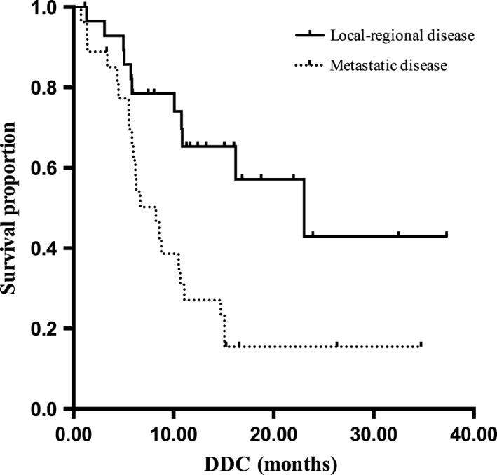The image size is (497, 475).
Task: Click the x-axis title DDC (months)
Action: (274, 463)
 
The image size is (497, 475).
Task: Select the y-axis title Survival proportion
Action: (12, 208)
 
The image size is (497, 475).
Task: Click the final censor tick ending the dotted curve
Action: (421, 344)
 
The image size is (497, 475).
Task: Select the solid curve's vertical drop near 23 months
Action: (304, 208)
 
